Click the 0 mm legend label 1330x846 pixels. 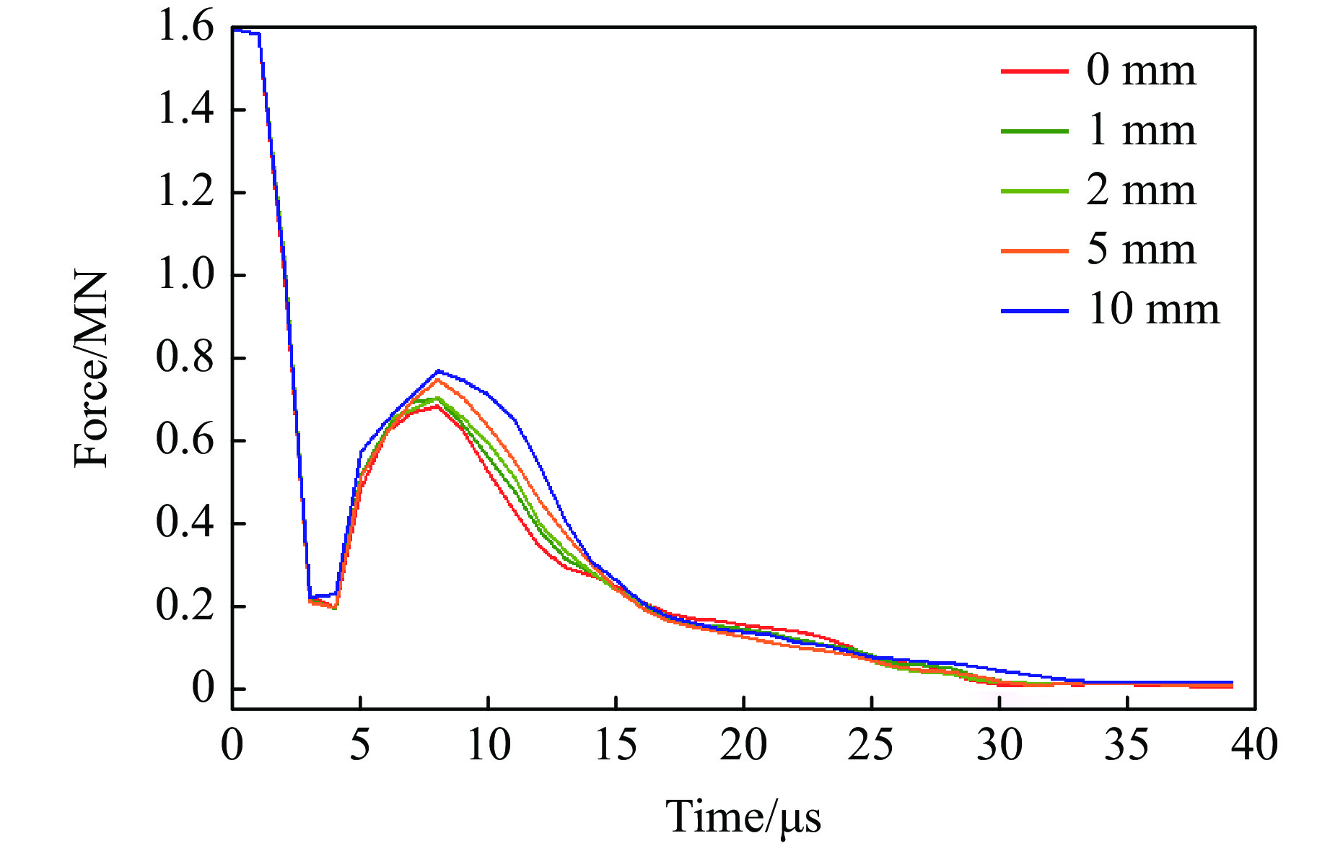(1141, 71)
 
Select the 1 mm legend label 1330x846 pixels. (1141, 131)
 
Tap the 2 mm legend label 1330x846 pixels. (1141, 191)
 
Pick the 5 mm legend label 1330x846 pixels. (1141, 250)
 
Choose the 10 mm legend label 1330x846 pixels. (1153, 310)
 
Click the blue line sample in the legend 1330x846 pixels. (1034, 311)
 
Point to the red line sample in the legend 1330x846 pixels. (1034, 71)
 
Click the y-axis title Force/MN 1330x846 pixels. (92, 369)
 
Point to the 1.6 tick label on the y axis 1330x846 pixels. (185, 29)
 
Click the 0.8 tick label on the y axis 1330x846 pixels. (185, 358)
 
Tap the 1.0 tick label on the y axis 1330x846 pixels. (185, 276)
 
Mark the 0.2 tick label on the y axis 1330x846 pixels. (185, 606)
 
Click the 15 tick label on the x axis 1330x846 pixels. (616, 744)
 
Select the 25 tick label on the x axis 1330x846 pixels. (871, 744)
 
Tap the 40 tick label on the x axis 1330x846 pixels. (1255, 744)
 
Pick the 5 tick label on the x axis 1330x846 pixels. (360, 744)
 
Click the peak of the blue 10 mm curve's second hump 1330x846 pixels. (438, 371)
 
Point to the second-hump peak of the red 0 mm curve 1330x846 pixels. (437, 406)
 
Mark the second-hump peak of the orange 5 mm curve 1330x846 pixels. (437, 380)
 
